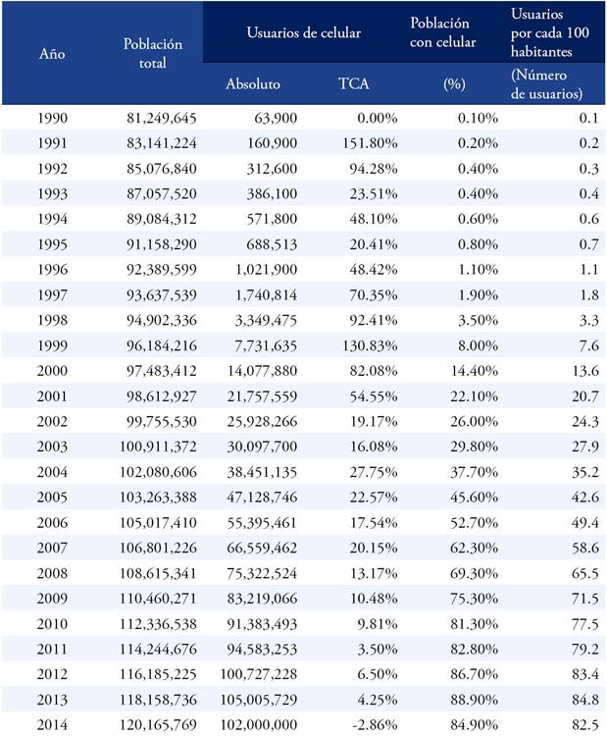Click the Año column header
pos(52,53)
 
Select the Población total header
pos(153,53)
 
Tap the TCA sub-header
pos(354,83)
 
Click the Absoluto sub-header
pos(253,83)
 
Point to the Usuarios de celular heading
pos(305,32)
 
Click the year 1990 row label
pos(52,118)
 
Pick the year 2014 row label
pos(52,724)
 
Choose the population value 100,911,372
pos(162,446)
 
